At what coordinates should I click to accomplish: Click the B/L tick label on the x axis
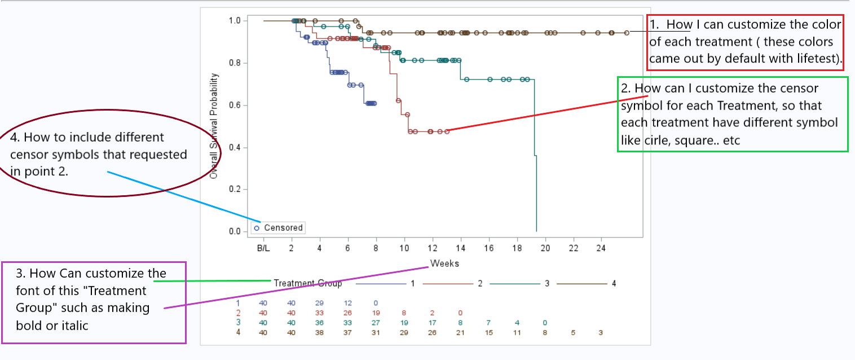click(263, 248)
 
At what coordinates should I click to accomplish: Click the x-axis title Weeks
click(444, 264)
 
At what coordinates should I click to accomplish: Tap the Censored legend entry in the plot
click(279, 228)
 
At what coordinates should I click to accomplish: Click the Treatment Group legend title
click(308, 283)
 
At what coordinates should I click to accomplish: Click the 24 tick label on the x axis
click(601, 248)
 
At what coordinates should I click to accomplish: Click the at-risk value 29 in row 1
click(319, 303)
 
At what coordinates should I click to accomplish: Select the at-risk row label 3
click(238, 323)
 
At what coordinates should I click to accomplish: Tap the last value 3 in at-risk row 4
click(601, 333)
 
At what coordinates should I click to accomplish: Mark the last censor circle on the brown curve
click(627, 33)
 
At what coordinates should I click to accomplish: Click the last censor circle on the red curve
click(447, 131)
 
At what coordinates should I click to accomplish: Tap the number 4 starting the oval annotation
click(14, 137)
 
